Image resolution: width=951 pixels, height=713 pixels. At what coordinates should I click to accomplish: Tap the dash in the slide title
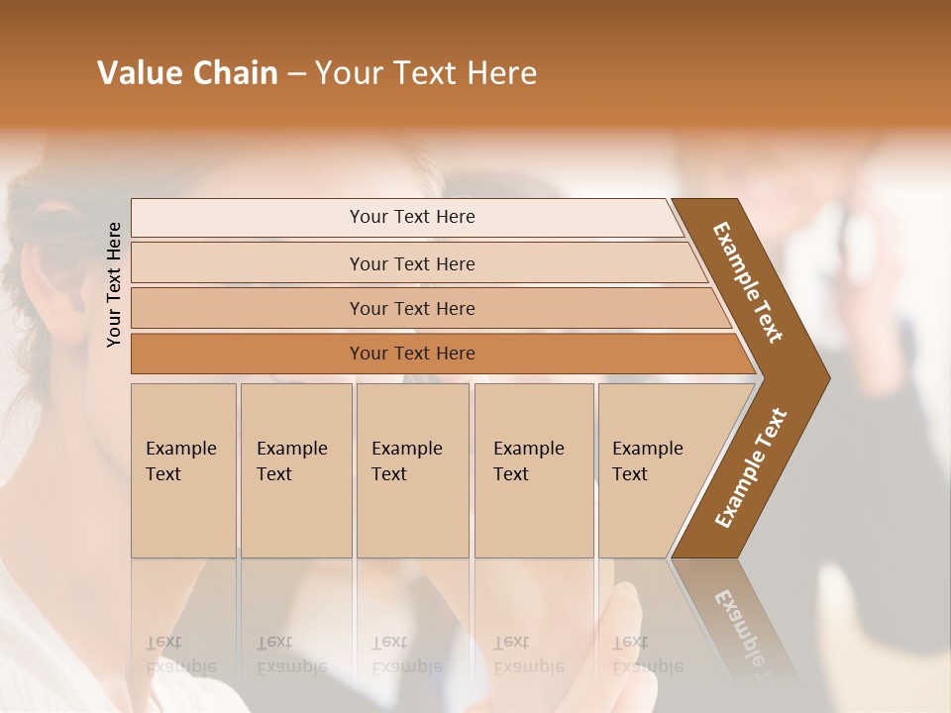click(x=296, y=74)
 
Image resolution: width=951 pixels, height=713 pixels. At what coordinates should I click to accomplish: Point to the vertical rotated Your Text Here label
click(x=114, y=284)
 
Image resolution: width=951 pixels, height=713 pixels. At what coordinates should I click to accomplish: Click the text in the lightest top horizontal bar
click(x=412, y=217)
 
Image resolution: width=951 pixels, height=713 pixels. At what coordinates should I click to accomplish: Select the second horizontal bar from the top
click(x=412, y=263)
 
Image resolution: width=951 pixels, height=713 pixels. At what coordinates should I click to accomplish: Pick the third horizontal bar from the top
click(x=412, y=308)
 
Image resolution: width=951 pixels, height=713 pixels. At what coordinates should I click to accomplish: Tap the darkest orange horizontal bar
click(x=412, y=354)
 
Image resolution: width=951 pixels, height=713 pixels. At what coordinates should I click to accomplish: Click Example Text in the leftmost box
click(x=180, y=460)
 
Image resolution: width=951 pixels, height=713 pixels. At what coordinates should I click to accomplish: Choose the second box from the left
click(x=295, y=470)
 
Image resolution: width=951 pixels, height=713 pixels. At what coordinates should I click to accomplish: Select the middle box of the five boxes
click(x=412, y=470)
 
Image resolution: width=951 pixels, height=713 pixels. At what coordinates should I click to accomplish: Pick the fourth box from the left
click(x=533, y=470)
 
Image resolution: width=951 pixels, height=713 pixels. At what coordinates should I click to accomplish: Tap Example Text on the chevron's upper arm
click(x=748, y=282)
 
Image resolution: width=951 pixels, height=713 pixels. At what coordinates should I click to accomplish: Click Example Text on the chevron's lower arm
click(x=750, y=468)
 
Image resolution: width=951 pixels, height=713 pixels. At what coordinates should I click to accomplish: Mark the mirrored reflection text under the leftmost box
click(x=180, y=656)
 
